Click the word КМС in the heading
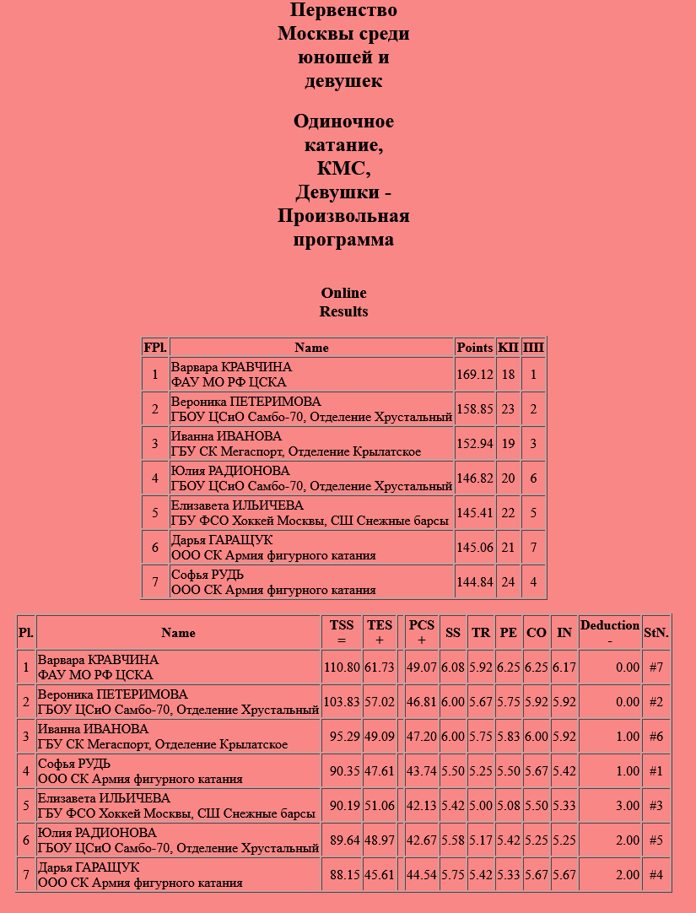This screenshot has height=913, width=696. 343,169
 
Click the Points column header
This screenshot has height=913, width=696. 474,348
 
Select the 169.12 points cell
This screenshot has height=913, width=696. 474,375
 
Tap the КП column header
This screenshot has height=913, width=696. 508,348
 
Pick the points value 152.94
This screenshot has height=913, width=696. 474,444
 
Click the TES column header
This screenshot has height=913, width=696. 380,632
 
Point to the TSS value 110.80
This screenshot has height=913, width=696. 341,667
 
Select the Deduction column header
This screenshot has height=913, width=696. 609,632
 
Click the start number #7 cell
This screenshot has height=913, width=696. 656,667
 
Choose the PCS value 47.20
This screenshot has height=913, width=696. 421,736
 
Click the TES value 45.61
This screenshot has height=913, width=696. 380,874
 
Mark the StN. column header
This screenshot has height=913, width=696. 656,632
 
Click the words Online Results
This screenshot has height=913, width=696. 343,302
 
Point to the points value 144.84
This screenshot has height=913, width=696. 474,582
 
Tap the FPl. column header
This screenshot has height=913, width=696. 155,348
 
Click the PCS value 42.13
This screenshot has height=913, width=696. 421,805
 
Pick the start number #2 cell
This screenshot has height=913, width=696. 656,701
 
